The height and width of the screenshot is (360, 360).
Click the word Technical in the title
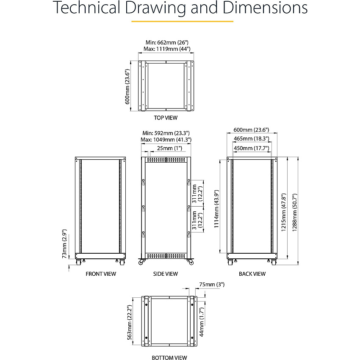tap(87, 8)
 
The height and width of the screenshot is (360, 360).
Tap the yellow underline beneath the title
tap(182, 21)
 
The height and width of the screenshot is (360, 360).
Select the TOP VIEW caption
tap(166, 118)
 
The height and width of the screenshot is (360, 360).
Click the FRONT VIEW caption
tap(101, 274)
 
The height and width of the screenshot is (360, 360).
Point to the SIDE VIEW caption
tap(166, 274)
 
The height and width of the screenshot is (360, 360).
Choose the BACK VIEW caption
tap(252, 274)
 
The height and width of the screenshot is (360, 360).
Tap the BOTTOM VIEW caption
tap(169, 357)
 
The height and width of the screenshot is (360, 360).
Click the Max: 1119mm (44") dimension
tap(167, 49)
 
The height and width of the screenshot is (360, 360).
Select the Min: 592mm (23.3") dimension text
tap(166, 133)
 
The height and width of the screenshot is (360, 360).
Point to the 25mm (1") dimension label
tap(170, 148)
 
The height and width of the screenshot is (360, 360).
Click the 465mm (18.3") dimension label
tap(252, 138)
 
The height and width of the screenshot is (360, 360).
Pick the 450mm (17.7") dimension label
tap(252, 148)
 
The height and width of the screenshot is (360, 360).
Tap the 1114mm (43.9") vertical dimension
tap(216, 209)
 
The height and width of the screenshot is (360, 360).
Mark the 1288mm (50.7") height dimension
tap(295, 212)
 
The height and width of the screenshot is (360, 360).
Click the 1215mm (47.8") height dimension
tap(284, 212)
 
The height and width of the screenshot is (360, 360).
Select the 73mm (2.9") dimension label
tap(64, 244)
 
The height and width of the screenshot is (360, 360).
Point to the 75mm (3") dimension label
tap(212, 285)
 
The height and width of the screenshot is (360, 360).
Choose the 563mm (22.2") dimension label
tap(130, 322)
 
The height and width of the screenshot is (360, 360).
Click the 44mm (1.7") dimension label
tap(202, 322)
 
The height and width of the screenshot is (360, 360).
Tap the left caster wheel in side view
tap(141, 262)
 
